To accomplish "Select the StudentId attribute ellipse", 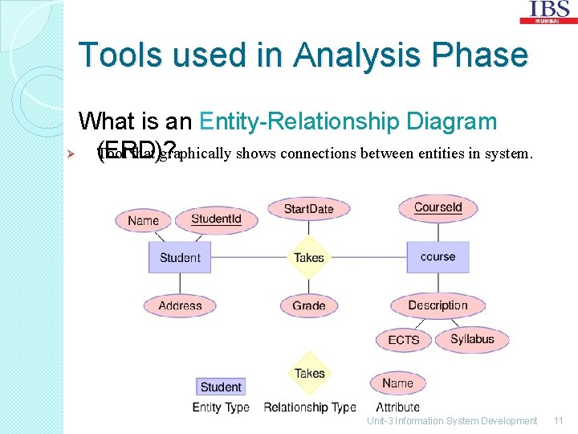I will (217, 219).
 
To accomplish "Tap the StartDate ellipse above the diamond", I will (308, 209).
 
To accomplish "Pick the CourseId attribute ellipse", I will (438, 207).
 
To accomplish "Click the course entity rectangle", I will (438, 257).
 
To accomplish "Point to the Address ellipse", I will (180, 305).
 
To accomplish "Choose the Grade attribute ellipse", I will (309, 305).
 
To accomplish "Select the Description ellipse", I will (438, 305).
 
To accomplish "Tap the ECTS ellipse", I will (403, 340).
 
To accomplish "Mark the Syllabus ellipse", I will (472, 339).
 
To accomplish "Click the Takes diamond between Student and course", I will (309, 257).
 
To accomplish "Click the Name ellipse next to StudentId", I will (143, 220).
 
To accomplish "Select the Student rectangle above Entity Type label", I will (221, 387).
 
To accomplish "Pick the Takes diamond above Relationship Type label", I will (309, 373).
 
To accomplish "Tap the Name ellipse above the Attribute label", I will (397, 383).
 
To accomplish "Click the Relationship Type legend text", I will (309, 407).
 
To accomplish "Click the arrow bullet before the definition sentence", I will (70, 154).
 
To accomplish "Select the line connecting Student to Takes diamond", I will (249, 257).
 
